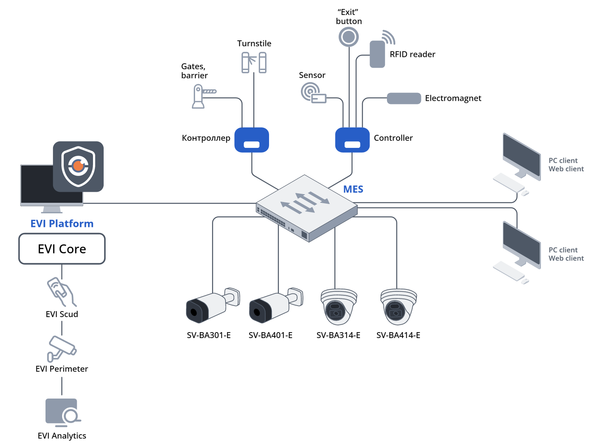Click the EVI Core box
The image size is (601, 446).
(x=62, y=249)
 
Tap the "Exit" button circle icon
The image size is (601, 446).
(x=349, y=37)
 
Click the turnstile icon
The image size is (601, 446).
(x=254, y=62)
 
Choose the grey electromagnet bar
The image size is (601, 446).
(x=404, y=98)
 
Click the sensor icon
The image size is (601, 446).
(x=313, y=93)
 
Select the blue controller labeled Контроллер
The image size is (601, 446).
(x=252, y=140)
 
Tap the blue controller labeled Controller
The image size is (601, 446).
(x=352, y=140)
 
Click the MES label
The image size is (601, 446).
(x=353, y=189)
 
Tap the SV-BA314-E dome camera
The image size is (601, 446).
(x=339, y=307)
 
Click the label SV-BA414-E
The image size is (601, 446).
(x=398, y=335)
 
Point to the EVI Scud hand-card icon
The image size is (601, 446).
(x=61, y=292)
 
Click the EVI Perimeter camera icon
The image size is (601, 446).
(x=61, y=348)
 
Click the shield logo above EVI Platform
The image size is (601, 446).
(x=78, y=166)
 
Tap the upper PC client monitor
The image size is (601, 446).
(x=521, y=157)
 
